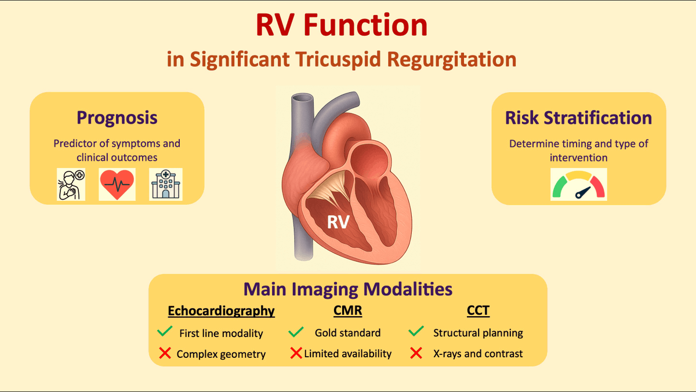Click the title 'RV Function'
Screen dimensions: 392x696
342,26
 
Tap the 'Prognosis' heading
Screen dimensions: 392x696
117,118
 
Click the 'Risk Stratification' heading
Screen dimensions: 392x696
578,118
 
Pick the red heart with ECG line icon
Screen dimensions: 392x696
117,184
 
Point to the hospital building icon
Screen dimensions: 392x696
165,184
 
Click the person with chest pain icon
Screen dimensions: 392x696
71,184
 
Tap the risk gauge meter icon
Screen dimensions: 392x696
578,185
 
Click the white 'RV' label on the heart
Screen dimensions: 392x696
338,222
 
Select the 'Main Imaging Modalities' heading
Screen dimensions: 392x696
347,289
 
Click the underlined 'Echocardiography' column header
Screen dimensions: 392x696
221,311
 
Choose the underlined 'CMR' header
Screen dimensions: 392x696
347,311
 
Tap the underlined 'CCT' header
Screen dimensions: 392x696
478,311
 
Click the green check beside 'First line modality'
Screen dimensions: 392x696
165,332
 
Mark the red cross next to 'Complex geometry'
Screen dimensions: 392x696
165,353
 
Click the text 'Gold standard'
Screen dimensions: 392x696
347,333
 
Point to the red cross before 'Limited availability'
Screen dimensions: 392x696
296,353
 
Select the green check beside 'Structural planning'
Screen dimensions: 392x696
416,332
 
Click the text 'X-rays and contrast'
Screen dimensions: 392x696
478,353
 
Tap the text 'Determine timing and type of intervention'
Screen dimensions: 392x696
578,150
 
